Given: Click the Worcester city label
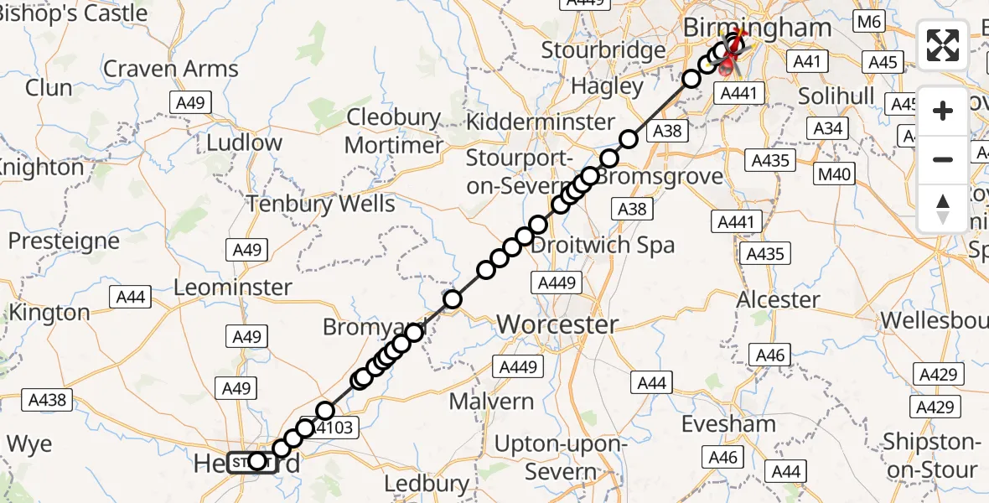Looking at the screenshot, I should pos(557,324).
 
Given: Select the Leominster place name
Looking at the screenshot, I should pos(232,288).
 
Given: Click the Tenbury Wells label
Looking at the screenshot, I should pos(320,204).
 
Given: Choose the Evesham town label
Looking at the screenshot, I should pos(728,424).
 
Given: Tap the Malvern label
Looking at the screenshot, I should pos(491,402).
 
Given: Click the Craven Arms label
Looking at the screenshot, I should pos(171,69).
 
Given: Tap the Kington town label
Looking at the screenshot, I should pos(48,313).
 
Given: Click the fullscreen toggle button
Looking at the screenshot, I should pos(943,45).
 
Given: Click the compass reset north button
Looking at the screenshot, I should pos(943,209).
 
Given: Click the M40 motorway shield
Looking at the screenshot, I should pos(834,175).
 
